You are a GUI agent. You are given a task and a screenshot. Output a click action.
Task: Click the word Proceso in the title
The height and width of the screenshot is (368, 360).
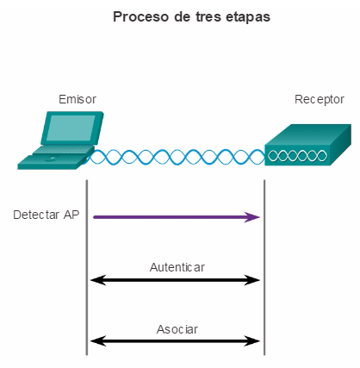(140, 16)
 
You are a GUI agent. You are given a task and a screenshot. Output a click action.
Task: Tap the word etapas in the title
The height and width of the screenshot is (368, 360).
(248, 17)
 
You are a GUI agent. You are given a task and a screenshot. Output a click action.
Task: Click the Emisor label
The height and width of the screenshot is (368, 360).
(78, 99)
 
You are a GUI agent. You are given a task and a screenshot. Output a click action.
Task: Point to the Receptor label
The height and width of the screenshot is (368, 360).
(320, 100)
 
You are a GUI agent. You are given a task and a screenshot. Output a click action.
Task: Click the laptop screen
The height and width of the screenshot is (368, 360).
(71, 128)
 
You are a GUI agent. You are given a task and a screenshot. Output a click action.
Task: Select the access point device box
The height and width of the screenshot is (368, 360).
(307, 145)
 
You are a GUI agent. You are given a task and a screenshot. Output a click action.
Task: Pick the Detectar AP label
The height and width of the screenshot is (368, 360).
(47, 215)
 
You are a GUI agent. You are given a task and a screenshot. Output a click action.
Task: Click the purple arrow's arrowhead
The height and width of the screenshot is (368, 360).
(252, 217)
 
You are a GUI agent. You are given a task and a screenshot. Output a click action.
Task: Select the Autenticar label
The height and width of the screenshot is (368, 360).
(177, 267)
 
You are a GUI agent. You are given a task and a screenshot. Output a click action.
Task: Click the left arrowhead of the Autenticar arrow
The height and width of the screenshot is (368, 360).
(98, 280)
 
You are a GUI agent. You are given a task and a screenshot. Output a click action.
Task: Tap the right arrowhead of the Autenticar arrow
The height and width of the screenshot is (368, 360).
(252, 280)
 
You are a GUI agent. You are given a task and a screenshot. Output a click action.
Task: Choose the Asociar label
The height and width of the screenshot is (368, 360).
(177, 329)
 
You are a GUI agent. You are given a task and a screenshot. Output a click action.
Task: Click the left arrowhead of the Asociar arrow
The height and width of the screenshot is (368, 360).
(98, 341)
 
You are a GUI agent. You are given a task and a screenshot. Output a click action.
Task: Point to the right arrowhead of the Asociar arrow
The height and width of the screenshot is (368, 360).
(252, 341)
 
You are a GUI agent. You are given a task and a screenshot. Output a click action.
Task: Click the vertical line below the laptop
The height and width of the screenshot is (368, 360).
(87, 267)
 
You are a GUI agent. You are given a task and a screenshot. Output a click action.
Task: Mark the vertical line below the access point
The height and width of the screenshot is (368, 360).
(264, 267)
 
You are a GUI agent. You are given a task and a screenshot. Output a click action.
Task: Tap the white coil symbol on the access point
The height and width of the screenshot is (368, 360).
(297, 156)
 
